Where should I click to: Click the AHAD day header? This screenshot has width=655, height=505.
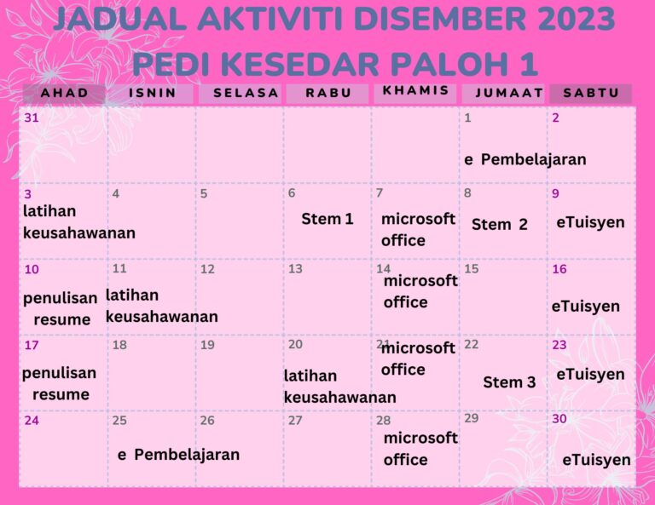[x=64, y=93]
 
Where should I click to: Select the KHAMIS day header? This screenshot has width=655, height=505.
[x=415, y=91]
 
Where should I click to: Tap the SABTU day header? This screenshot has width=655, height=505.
[x=591, y=93]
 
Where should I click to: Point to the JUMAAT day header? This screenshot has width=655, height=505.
[x=509, y=93]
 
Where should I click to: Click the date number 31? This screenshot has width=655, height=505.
[x=32, y=118]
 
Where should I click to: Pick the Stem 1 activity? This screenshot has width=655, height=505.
[x=327, y=219]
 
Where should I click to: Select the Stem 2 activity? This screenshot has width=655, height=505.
[x=500, y=225]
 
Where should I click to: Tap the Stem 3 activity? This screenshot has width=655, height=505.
[x=509, y=382]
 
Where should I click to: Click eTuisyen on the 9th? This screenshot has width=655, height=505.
[x=590, y=222]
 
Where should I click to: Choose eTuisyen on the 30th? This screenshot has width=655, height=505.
[x=596, y=460]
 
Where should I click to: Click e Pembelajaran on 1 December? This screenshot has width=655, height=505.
[x=525, y=159]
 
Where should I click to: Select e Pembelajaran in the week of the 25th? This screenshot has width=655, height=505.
[x=178, y=454]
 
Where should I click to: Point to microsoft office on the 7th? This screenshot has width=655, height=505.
[x=418, y=229]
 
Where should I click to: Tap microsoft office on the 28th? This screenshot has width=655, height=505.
[x=420, y=448]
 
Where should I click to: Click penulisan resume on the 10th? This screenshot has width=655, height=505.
[x=59, y=309]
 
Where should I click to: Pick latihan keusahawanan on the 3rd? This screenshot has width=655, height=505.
[x=78, y=221]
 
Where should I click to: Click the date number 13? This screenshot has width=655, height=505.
[x=295, y=269]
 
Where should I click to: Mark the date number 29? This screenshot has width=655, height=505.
[x=472, y=418]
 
